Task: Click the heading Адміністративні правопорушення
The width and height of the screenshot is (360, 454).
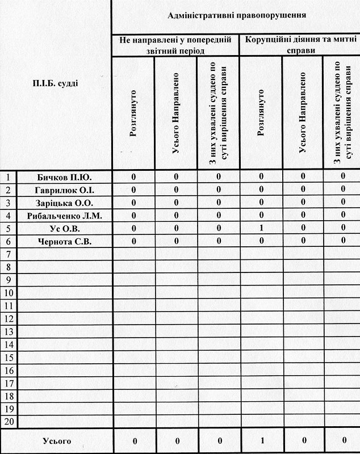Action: click(x=237, y=15)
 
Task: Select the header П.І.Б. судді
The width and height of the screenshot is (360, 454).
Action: click(x=55, y=83)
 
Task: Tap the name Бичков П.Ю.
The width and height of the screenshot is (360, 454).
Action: click(x=64, y=176)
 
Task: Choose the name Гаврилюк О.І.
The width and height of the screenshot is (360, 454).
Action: click(x=64, y=190)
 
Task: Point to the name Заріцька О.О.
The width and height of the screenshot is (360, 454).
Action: click(x=64, y=203)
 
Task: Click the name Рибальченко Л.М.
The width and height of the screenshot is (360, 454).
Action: click(x=64, y=216)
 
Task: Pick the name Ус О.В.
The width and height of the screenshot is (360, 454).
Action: click(x=64, y=229)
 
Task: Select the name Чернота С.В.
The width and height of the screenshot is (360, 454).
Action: click(x=64, y=242)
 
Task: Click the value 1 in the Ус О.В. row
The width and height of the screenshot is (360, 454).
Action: click(x=261, y=229)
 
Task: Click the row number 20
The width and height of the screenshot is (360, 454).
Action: click(x=9, y=422)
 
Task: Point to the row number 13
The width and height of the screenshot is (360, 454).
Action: click(x=9, y=331)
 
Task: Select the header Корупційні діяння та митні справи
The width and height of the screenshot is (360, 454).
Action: click(x=299, y=45)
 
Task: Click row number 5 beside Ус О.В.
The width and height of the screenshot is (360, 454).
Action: click(x=9, y=229)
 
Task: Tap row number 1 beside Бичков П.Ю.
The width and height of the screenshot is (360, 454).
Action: click(x=9, y=176)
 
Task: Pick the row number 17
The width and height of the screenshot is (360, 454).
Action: click(x=9, y=383)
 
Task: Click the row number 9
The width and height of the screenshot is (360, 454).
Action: click(x=9, y=280)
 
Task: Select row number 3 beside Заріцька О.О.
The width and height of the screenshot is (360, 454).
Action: click(x=9, y=203)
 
